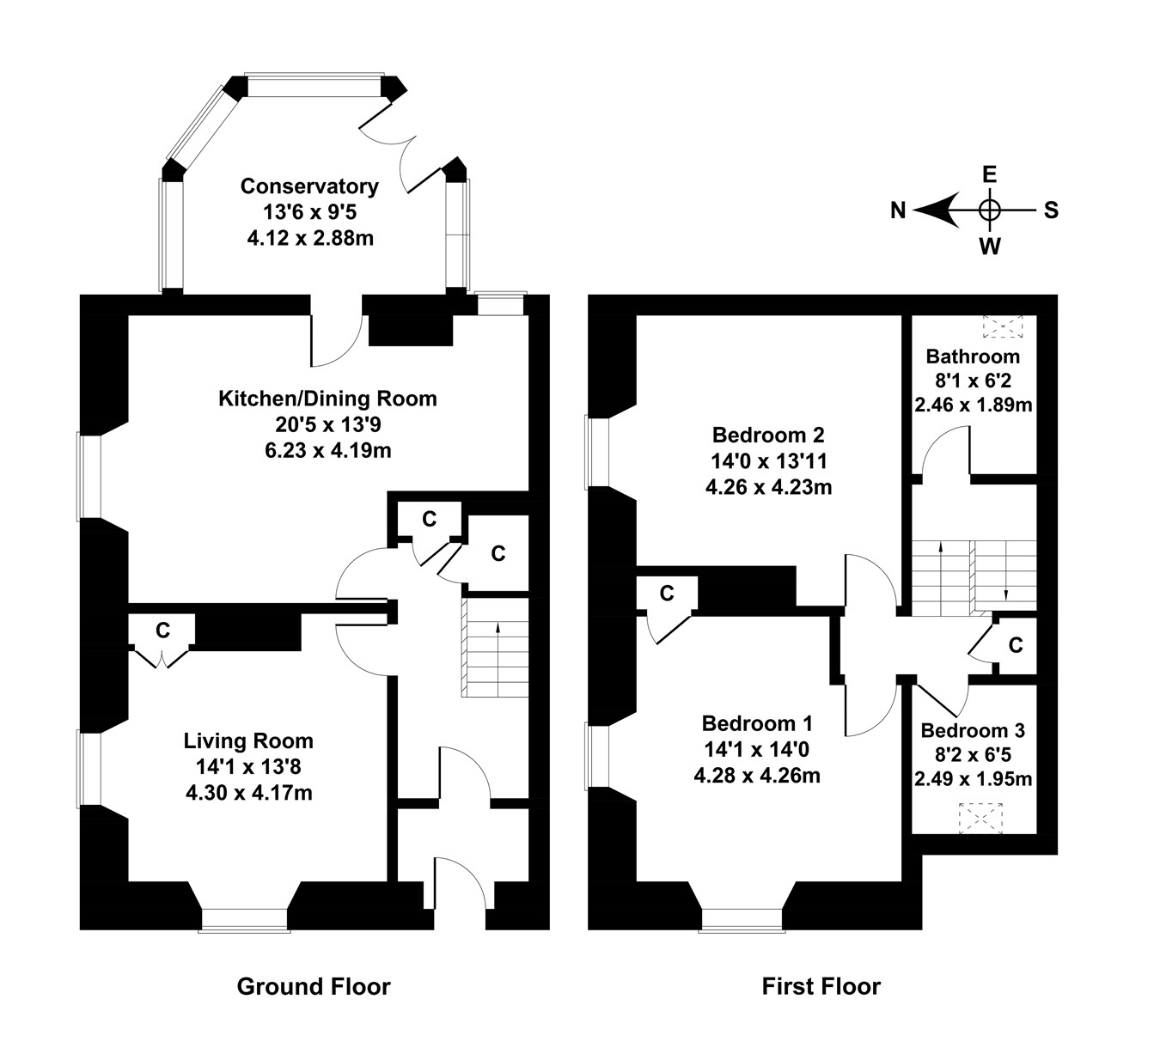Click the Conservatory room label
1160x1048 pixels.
(309, 186)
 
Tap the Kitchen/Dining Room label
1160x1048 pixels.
(327, 399)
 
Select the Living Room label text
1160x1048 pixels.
(248, 740)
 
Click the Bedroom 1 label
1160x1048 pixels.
(757, 723)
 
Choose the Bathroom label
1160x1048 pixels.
(973, 356)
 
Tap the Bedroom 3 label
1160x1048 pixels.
(973, 730)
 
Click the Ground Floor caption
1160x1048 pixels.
(314, 987)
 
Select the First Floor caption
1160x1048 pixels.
(821, 986)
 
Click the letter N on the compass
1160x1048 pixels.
(898, 210)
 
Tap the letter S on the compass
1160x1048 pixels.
(1051, 210)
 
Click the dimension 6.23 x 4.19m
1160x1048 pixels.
(327, 449)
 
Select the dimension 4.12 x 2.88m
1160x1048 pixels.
(309, 237)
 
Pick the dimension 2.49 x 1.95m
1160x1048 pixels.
(973, 779)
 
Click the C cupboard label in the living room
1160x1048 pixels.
(162, 631)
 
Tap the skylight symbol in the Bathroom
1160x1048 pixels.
(1004, 326)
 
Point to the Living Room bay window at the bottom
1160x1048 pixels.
(245, 920)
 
